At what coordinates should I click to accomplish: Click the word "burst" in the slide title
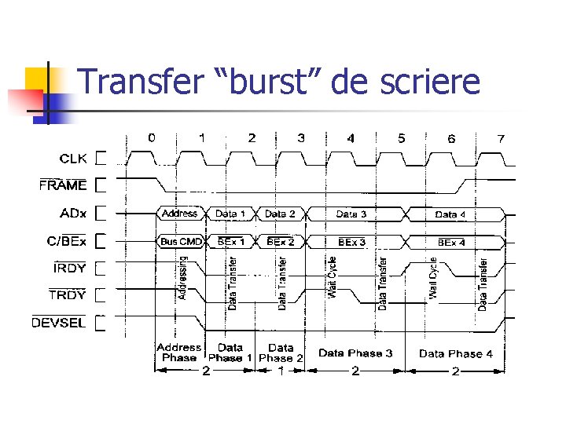coord(264,82)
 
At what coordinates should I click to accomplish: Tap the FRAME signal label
coord(64,185)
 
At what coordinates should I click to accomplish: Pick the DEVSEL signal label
coord(59,323)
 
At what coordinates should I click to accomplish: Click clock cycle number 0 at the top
coord(152,137)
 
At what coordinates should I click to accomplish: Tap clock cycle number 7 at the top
coord(501,138)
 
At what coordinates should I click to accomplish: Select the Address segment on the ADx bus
coord(179,214)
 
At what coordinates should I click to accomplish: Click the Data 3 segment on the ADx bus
coord(351,214)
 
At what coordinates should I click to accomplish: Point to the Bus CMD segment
coord(181,242)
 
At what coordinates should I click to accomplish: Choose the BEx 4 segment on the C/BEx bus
coord(451,243)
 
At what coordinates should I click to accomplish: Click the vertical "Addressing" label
coord(184,280)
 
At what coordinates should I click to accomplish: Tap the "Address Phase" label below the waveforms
coord(179,353)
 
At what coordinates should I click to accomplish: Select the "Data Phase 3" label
coord(355,353)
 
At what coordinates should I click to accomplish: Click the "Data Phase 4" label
coord(456,353)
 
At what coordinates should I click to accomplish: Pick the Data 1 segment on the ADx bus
coord(230,214)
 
